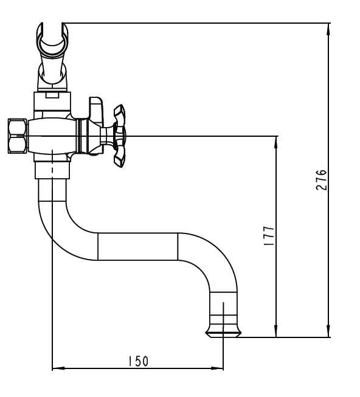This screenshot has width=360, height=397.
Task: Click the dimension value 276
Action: tap(322, 180)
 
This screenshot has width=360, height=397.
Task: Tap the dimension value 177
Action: tap(269, 235)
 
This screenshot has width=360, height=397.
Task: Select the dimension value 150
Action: tap(138, 361)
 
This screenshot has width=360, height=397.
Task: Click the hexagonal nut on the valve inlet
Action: tap(18, 136)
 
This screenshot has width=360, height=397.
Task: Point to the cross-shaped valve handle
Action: tap(120, 136)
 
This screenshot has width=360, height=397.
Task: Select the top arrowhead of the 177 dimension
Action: tap(276, 142)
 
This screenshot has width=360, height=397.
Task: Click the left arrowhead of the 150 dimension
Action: tap(58, 368)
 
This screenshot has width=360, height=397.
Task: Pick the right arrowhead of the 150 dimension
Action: tap(217, 368)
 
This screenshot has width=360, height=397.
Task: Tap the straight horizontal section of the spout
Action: tap(137, 246)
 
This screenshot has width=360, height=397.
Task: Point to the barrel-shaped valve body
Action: tap(52, 136)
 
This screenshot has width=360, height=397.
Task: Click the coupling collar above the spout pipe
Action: tap(52, 170)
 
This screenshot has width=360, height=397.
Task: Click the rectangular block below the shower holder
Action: tap(52, 102)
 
